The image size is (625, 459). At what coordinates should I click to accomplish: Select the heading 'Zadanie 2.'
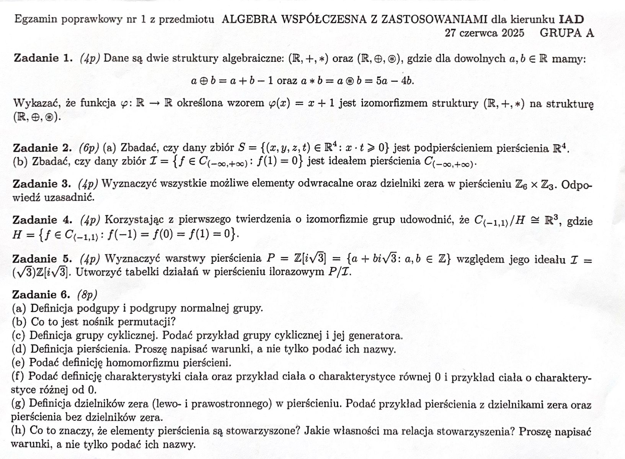(42, 148)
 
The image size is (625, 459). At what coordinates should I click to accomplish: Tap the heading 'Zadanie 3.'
(42, 184)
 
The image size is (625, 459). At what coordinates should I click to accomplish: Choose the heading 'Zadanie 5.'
(42, 259)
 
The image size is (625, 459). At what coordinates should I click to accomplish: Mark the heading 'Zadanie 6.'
(41, 295)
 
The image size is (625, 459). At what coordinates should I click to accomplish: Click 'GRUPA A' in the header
(567, 33)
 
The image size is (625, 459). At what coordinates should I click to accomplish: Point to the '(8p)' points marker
(87, 295)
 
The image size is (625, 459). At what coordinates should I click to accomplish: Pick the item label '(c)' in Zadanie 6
(18, 336)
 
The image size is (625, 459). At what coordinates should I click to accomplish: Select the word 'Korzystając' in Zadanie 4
(130, 220)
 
